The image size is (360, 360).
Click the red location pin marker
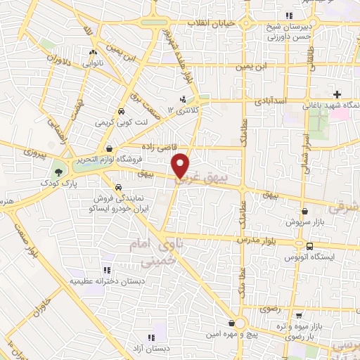[181, 165]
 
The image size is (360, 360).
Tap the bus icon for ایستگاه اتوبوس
[310, 245]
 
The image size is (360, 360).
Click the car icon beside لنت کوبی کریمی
[121, 111]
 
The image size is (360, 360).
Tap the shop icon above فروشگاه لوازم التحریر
[110, 148]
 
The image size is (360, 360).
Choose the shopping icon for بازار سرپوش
[304, 210]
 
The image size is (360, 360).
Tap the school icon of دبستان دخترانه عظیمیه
[107, 269]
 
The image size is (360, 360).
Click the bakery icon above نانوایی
[94, 52]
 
